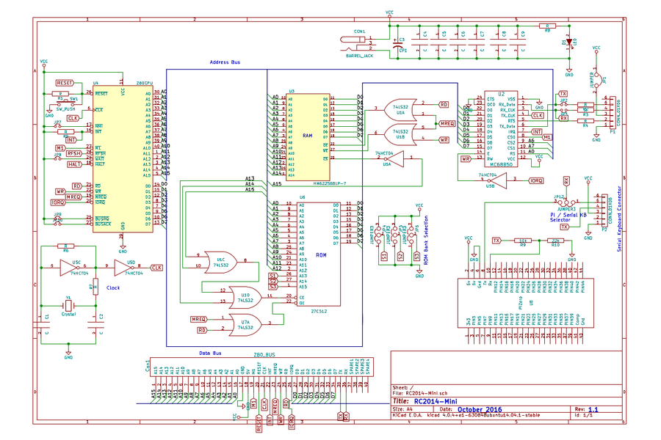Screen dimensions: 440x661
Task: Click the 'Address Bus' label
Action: [225, 62]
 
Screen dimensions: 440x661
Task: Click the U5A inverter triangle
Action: [386, 158]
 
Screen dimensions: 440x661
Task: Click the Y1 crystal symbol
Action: [68, 306]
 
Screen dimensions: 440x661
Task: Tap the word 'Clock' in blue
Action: [114, 287]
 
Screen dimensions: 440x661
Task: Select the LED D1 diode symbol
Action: [569, 43]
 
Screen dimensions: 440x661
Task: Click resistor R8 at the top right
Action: [546, 26]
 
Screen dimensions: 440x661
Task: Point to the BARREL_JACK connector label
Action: [358, 55]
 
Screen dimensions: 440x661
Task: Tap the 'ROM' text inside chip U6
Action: [321, 254]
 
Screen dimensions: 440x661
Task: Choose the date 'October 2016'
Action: [478, 409]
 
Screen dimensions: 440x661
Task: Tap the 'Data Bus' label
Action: [211, 353]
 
